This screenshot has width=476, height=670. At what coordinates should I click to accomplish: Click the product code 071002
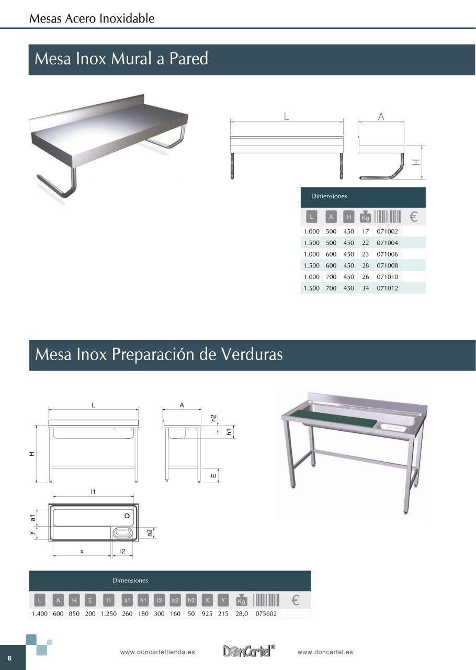pyautogui.click(x=387, y=231)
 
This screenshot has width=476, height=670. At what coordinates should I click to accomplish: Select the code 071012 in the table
pyautogui.click(x=387, y=288)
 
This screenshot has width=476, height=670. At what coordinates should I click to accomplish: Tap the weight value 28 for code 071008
pyautogui.click(x=365, y=266)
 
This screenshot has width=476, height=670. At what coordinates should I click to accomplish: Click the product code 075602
pyautogui.click(x=266, y=614)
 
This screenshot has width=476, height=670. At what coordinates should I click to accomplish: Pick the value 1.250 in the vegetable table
pyautogui.click(x=109, y=614)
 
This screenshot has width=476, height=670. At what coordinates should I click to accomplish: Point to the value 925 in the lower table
pyautogui.click(x=207, y=614)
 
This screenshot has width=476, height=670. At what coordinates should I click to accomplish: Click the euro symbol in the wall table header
pyautogui.click(x=413, y=217)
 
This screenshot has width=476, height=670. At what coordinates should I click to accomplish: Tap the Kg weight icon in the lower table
pyautogui.click(x=241, y=600)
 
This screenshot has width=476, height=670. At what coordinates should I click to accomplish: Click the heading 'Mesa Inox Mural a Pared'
pyautogui.click(x=121, y=59)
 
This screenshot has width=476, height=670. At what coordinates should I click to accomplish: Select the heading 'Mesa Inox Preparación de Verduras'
pyautogui.click(x=158, y=354)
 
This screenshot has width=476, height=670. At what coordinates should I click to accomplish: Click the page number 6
pyautogui.click(x=9, y=658)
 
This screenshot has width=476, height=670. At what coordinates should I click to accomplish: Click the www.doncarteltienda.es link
pyautogui.click(x=157, y=652)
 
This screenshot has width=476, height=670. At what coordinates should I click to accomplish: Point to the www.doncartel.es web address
pyautogui.click(x=325, y=652)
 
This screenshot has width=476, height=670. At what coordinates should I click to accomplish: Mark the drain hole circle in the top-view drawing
pyautogui.click(x=127, y=516)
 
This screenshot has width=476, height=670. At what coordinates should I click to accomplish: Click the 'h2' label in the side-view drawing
pyautogui.click(x=213, y=418)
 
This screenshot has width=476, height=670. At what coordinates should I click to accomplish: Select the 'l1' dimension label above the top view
pyautogui.click(x=93, y=492)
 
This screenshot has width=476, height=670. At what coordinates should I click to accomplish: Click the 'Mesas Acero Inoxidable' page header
pyautogui.click(x=92, y=19)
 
